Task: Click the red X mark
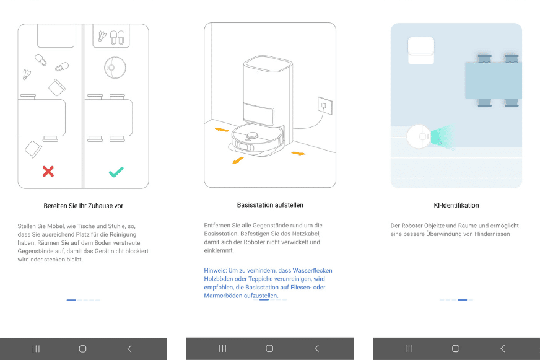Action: coord(48,172)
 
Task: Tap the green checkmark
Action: coord(116,172)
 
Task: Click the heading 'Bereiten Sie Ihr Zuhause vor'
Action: coord(83,205)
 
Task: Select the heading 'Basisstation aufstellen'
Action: coord(270,204)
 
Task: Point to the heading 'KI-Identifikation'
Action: coord(456,205)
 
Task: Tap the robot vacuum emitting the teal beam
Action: coord(419,136)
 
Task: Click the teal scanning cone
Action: coord(442,138)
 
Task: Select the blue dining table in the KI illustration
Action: coord(493,81)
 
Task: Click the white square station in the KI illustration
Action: coord(421,50)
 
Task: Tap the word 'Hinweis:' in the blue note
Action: coord(216,271)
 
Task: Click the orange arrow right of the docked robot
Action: coord(298,153)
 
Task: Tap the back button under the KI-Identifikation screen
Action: coord(502,349)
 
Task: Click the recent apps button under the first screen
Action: coord(36,349)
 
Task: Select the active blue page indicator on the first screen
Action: coord(71,300)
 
